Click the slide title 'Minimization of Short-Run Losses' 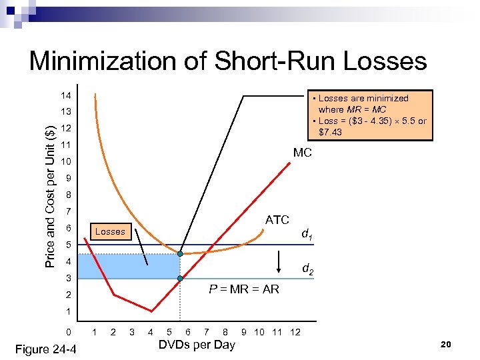(x=228, y=61)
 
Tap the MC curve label (x=302, y=153)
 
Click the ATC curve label (x=277, y=219)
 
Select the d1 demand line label (x=308, y=234)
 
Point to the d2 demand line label (x=308, y=269)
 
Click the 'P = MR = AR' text (x=244, y=289)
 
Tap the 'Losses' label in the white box (x=110, y=231)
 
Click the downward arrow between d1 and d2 (x=279, y=263)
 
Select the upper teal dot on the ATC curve (x=180, y=253)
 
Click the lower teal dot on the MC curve (x=180, y=278)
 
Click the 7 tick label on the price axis (x=67, y=211)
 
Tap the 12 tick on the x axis (x=295, y=332)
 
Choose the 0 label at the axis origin (x=67, y=332)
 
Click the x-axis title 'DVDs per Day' (x=196, y=345)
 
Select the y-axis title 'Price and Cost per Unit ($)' (x=50, y=189)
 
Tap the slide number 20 (x=447, y=344)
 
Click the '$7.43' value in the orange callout (x=330, y=132)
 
